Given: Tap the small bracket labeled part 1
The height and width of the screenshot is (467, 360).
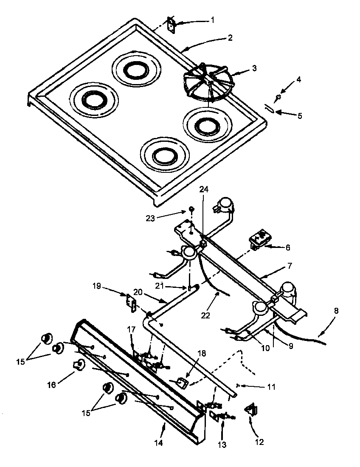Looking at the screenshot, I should coord(172,24).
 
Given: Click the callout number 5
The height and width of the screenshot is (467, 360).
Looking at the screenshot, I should coord(300,115).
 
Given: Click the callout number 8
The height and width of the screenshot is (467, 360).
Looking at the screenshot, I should coord(336,311).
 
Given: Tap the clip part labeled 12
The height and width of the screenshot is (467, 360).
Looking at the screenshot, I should coord(250,410).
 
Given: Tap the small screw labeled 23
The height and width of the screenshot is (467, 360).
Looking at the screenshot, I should coord(191,209).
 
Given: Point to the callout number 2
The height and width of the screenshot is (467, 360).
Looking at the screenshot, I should coord(230,38).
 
